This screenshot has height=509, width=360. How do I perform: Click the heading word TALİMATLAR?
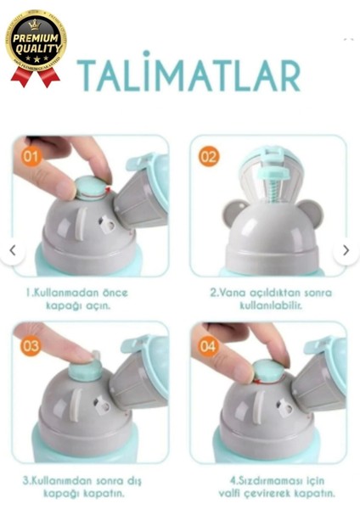click(x=188, y=76)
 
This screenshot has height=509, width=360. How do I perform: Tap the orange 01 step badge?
click(x=31, y=156)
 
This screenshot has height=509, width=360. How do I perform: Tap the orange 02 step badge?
click(x=209, y=156)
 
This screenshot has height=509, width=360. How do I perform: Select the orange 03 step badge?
click(x=31, y=345)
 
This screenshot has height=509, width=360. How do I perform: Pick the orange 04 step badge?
click(x=209, y=345)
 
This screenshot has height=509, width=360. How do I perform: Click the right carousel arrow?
click(x=346, y=250)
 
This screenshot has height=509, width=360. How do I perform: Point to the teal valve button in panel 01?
click(x=91, y=188)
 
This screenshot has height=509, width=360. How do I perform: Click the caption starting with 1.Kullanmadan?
click(x=90, y=298)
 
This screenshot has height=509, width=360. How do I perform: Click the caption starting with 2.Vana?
click(x=271, y=298)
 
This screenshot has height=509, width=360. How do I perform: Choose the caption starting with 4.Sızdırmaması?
click(x=272, y=486)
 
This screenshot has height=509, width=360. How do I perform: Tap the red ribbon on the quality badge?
click(x=35, y=77)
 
